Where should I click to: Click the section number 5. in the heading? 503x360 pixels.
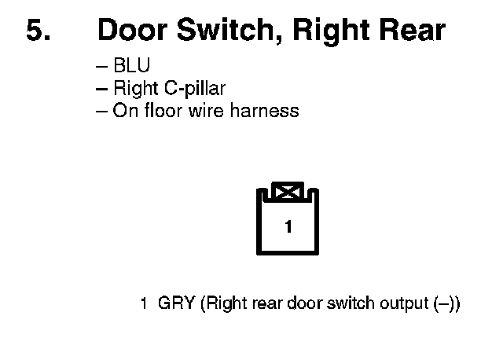pos(39,31)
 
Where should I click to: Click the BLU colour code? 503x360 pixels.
pos(131,67)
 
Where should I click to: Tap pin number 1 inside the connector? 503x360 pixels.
pos(288,228)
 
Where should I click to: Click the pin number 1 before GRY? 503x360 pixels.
pos(144,303)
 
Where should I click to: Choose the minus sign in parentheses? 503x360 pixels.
pos(445,303)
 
